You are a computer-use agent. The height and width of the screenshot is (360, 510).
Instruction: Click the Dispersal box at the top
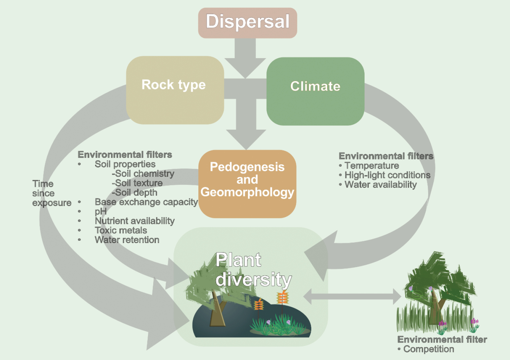tap(247, 23)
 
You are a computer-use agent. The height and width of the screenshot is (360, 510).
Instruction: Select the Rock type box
tap(175, 90)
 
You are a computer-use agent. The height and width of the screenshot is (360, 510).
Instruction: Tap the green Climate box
tap(315, 91)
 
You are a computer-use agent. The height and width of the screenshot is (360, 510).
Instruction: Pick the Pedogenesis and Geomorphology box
tap(247, 184)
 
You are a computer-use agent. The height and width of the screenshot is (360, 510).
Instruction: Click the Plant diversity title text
tap(253, 270)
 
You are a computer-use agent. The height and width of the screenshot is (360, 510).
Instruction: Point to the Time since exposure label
tap(51, 193)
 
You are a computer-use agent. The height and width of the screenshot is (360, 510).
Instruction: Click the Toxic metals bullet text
tap(121, 230)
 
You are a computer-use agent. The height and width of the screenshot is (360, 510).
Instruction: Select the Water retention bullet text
tap(127, 240)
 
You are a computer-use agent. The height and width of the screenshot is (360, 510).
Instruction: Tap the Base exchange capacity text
tap(146, 202)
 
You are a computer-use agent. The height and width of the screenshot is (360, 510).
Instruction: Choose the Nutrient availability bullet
tap(134, 221)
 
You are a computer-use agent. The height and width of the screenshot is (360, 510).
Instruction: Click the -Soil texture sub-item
tap(137, 183)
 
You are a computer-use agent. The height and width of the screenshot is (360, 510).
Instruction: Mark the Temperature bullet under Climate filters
tap(371, 166)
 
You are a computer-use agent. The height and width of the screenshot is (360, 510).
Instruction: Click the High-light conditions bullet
tap(387, 175)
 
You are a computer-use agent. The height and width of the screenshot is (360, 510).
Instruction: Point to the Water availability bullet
tap(380, 185)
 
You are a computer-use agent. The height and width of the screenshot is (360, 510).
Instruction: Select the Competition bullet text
tap(428, 349)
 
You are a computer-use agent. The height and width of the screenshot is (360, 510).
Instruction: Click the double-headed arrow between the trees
tap(352, 296)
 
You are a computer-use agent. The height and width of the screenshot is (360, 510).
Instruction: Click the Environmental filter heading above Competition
tap(442, 340)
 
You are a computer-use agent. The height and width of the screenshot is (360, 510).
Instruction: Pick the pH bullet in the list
tap(100, 212)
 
